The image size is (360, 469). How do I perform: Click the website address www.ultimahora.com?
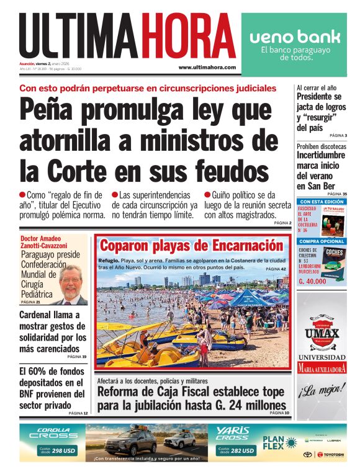point(207,67)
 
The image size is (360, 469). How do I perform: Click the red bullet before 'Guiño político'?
point(207,194)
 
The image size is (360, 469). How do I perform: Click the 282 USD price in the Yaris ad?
point(242,450)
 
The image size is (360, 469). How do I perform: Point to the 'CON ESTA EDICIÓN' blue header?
point(321,202)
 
